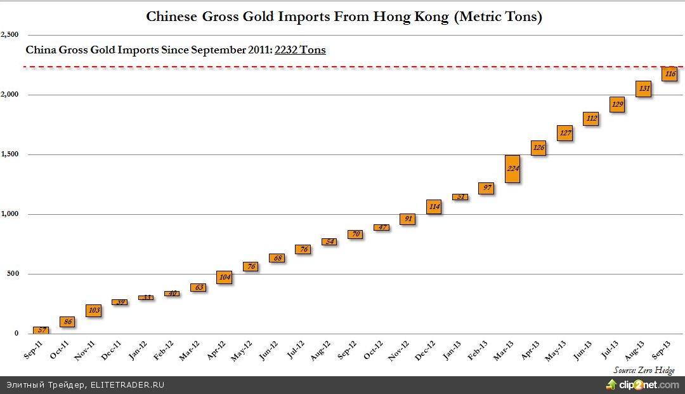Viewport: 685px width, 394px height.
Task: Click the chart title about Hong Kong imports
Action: click(x=344, y=17)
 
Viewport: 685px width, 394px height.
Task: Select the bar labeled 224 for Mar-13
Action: click(x=512, y=169)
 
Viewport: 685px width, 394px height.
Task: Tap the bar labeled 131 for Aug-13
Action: click(x=644, y=89)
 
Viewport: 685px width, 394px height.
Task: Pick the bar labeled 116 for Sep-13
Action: click(x=670, y=74)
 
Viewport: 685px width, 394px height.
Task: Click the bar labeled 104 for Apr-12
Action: click(x=225, y=277)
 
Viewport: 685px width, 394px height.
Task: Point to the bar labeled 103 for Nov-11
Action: click(x=93, y=310)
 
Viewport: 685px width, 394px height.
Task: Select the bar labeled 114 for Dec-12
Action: click(x=434, y=207)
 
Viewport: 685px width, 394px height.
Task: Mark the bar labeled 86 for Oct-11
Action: click(x=67, y=322)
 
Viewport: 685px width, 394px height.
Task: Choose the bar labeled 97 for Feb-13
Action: click(x=486, y=188)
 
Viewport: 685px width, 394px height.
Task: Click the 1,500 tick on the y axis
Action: click(x=10, y=154)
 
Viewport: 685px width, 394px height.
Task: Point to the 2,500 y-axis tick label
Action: click(x=10, y=34)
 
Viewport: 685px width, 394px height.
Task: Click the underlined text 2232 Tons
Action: click(x=300, y=50)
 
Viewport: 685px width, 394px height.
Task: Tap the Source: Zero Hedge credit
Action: click(x=644, y=370)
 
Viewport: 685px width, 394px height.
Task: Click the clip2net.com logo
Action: click(x=641, y=384)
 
